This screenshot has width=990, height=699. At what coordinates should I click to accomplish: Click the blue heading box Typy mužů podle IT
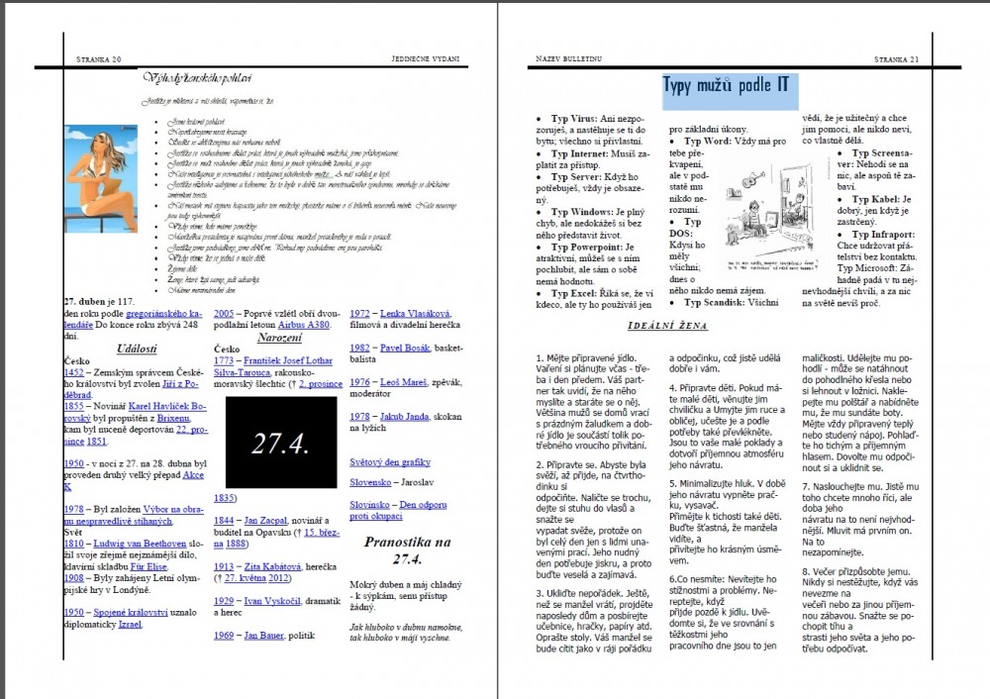point(726,85)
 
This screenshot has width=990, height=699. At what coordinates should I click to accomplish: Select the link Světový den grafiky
point(389,461)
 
